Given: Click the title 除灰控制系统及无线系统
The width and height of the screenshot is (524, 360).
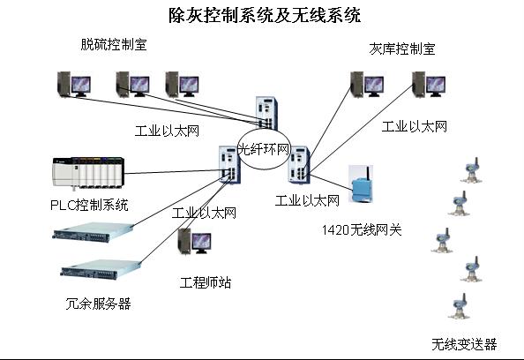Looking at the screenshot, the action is click(x=265, y=15).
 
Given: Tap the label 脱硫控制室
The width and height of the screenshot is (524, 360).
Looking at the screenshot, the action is click(x=114, y=44).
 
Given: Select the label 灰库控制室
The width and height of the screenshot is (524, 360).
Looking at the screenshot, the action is click(x=402, y=49).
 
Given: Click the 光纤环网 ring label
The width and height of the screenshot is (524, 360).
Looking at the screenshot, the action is click(x=264, y=149).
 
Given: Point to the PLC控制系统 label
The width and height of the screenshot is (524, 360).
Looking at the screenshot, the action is click(x=89, y=205).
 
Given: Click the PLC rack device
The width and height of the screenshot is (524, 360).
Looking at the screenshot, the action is click(x=88, y=172).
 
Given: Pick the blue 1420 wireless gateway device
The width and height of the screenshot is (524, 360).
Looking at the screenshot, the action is click(x=362, y=184).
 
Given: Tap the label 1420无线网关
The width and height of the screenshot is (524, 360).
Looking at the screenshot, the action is click(x=362, y=230).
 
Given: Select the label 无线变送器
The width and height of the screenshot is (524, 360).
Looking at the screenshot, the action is click(x=464, y=344).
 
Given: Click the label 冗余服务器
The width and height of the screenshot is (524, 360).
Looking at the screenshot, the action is click(x=98, y=304).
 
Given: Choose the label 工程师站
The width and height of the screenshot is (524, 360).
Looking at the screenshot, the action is click(x=206, y=282).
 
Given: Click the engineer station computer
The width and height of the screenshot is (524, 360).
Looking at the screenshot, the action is click(x=195, y=242).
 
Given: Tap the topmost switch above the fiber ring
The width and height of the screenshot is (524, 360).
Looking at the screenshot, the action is click(x=266, y=113).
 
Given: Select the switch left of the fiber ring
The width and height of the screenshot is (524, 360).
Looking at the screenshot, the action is click(x=229, y=164).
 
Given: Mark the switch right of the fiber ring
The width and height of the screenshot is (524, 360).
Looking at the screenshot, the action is click(x=299, y=164).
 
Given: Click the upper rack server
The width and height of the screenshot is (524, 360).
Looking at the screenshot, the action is click(x=93, y=232).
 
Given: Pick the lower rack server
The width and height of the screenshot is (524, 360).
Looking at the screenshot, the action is click(x=100, y=269).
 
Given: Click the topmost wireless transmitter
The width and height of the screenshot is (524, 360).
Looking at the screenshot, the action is click(x=471, y=170).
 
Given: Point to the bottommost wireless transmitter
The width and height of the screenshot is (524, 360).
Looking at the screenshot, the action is click(x=460, y=306).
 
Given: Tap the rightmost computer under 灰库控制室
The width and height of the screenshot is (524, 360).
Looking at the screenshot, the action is click(x=429, y=84).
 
